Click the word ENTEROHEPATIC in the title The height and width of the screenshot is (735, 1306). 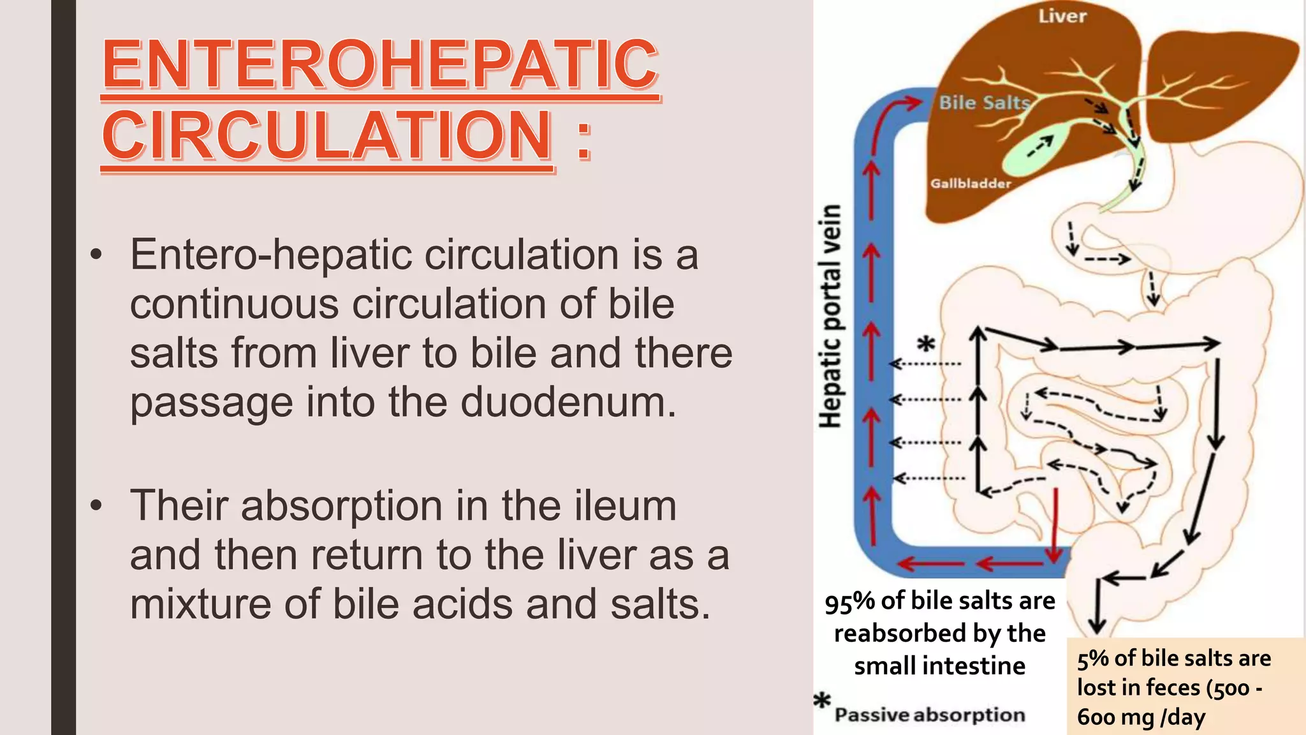380,64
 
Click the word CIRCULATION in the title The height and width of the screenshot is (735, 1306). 327,135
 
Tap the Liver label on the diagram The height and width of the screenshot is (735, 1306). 1062,16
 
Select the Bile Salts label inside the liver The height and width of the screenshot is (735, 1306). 985,103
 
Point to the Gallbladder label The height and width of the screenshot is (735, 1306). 971,184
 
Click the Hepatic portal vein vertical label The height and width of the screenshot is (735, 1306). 831,316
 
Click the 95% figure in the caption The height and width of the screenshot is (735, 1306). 849,602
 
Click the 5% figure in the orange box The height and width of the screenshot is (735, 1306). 1092,658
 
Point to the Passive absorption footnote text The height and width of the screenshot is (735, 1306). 930,715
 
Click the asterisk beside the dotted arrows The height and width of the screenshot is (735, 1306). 926,345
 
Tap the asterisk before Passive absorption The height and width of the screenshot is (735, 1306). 823,701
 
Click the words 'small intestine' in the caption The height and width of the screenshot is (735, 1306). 939,666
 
